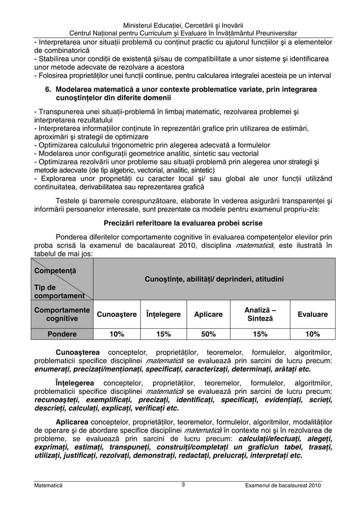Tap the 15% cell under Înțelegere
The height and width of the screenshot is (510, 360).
point(163,334)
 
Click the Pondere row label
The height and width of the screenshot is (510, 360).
point(62,334)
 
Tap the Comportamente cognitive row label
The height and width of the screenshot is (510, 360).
point(62,315)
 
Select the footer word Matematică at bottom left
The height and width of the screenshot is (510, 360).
point(49,485)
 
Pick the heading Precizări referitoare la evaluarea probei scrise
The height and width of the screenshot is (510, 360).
point(179,222)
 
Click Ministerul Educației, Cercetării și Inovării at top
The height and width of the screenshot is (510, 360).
point(179,24)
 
